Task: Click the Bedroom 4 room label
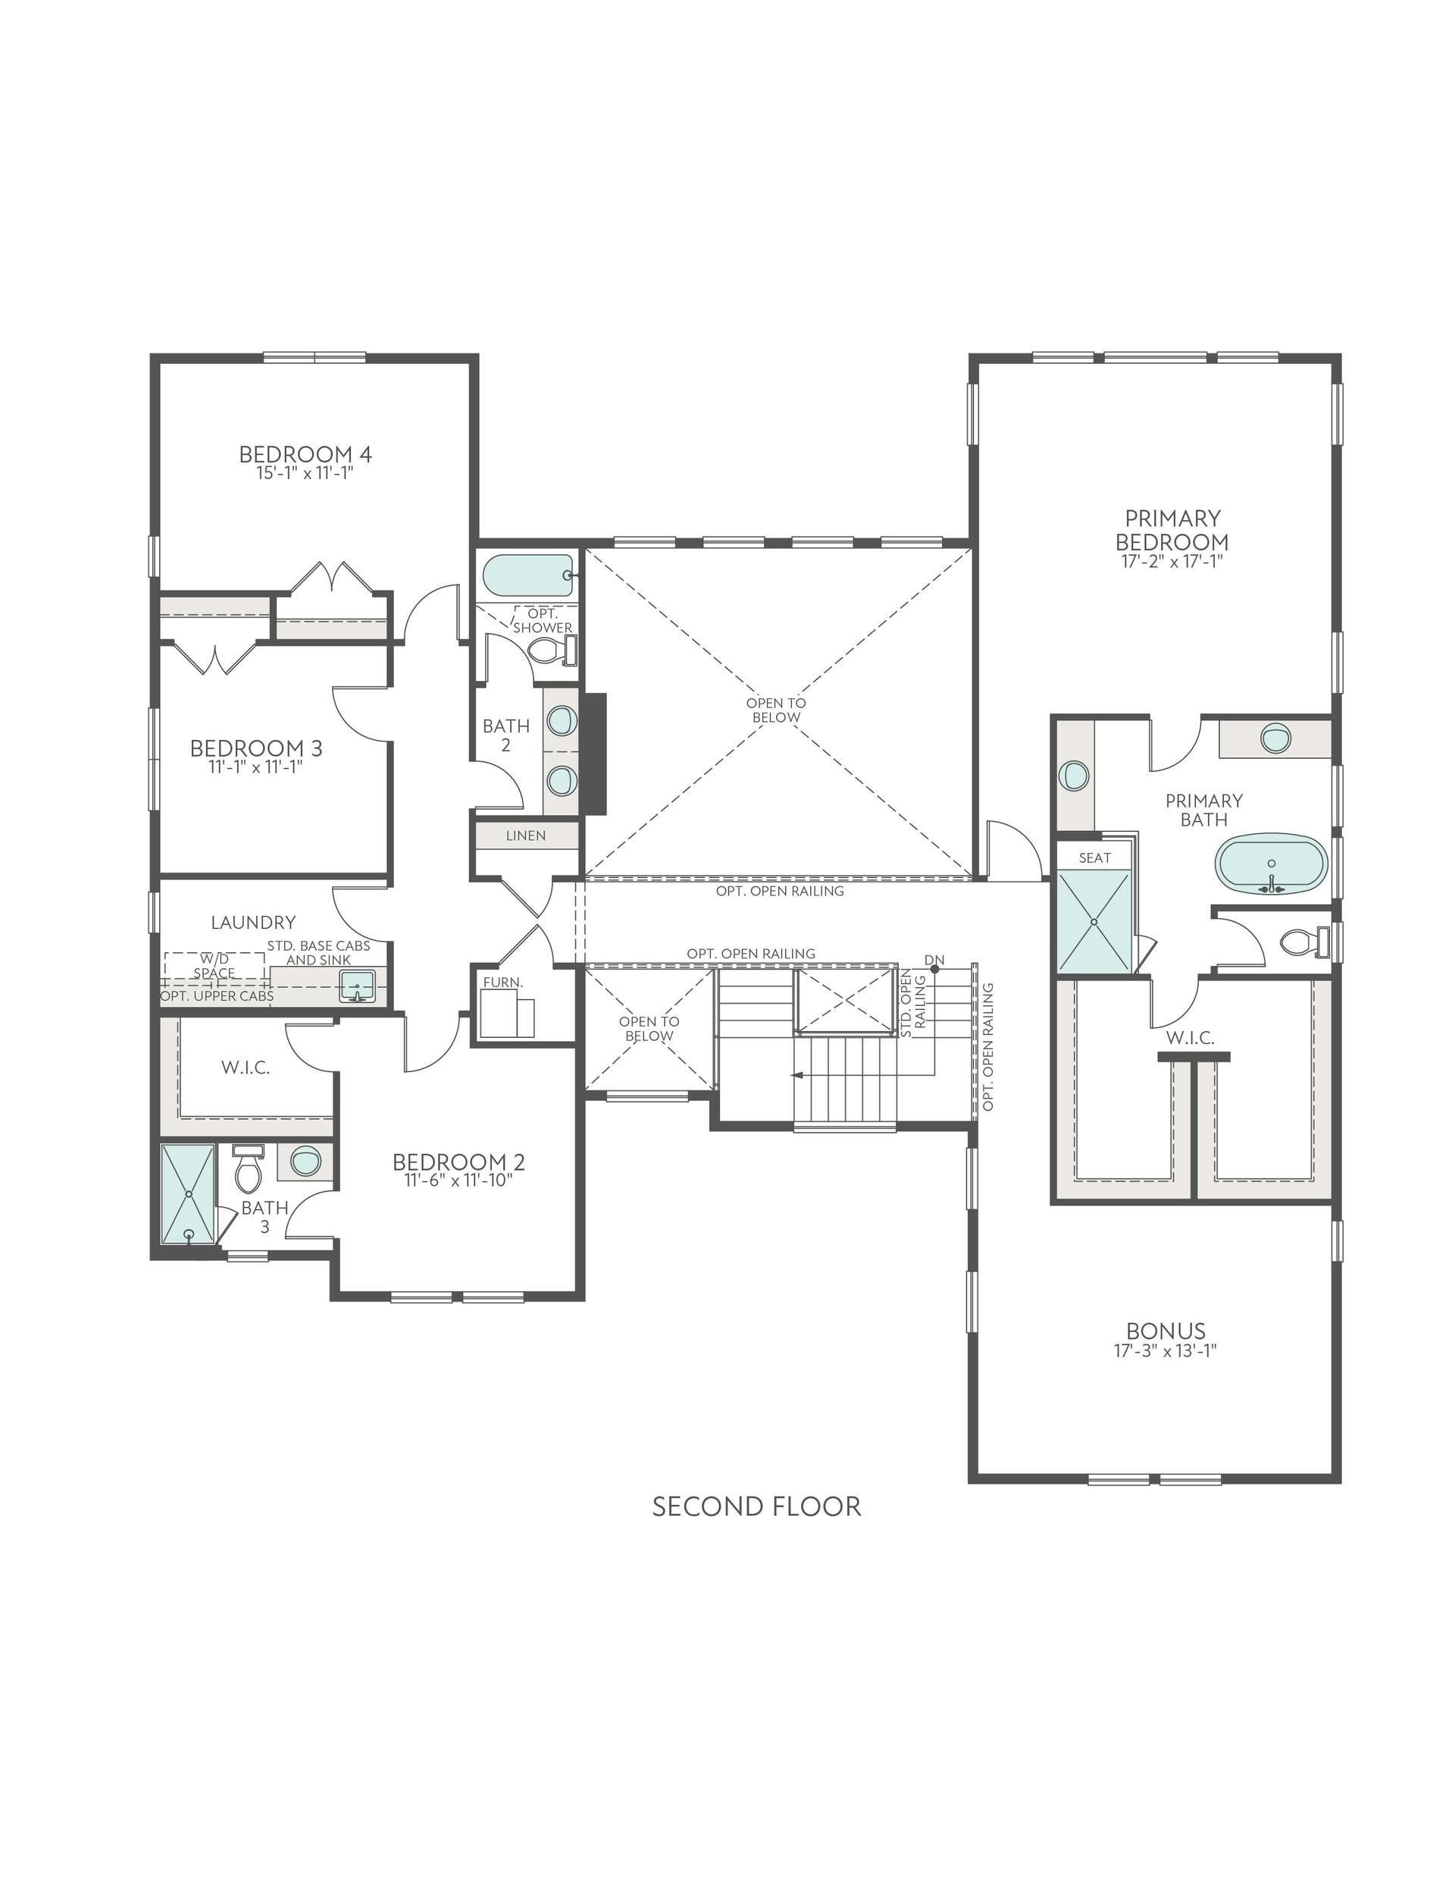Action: (305, 453)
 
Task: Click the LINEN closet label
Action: (525, 835)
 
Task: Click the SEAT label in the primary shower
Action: (1094, 857)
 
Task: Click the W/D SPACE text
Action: (214, 965)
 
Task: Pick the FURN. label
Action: (503, 982)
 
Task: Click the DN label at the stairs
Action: (934, 960)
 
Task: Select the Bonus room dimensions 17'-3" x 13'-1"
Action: (1166, 1351)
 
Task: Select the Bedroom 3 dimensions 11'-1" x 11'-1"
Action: (255, 767)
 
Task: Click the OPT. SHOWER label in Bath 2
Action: (543, 620)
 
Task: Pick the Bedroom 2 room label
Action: (458, 1162)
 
